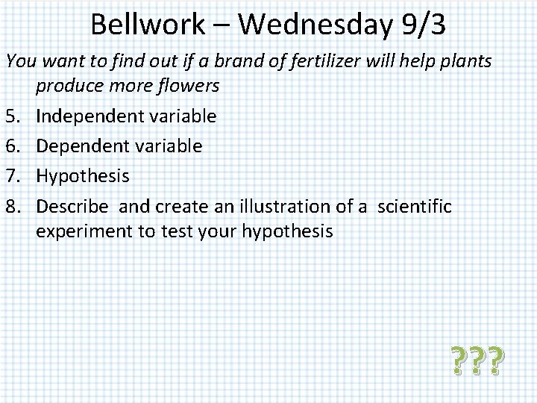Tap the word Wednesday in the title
314,25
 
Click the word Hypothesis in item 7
83,176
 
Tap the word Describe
72,206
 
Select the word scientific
415,206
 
